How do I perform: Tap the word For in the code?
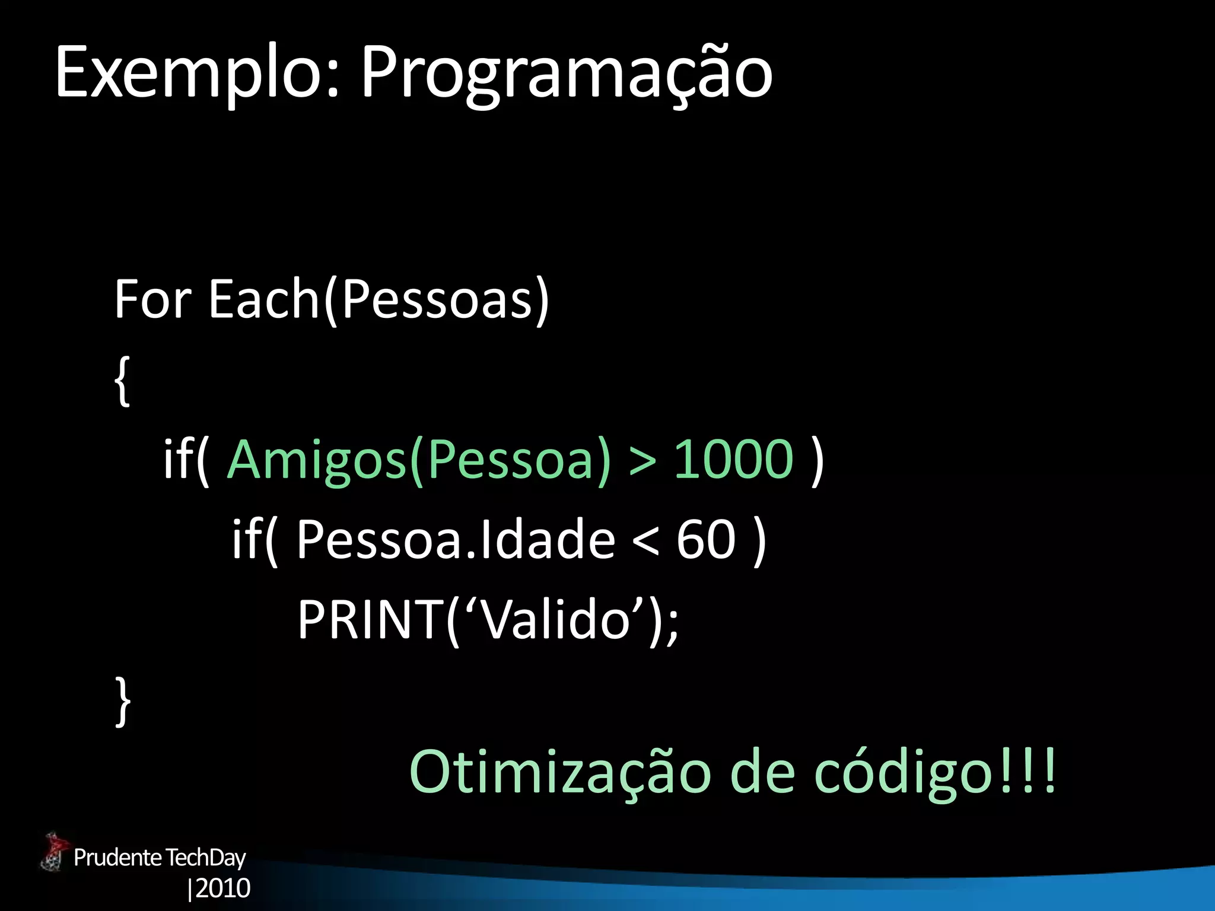point(152,299)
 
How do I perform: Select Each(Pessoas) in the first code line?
point(379,299)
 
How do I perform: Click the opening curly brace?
point(122,381)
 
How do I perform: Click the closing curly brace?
point(122,701)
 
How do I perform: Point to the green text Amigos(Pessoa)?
point(418,459)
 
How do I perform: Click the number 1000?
point(733,459)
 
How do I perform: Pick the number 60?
point(706,539)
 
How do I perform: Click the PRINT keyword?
point(371,620)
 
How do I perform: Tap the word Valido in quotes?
point(555,620)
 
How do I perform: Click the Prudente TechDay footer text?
point(159,858)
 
